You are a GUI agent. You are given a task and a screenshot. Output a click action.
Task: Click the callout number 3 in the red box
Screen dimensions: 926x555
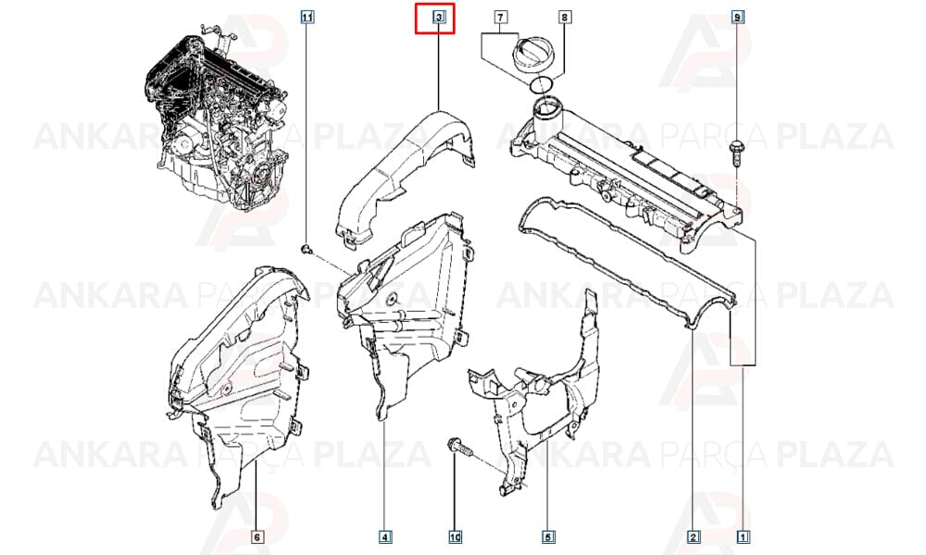(x=439, y=18)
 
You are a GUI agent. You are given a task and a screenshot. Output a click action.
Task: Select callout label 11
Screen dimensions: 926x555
(x=307, y=18)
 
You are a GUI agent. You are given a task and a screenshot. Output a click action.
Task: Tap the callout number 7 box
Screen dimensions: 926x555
(x=500, y=18)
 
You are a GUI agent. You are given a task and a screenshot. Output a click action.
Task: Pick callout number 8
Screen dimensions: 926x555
(x=564, y=18)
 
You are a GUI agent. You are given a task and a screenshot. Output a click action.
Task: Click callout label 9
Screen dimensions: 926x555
(x=737, y=18)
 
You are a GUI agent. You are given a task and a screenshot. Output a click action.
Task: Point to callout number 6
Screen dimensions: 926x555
(x=257, y=536)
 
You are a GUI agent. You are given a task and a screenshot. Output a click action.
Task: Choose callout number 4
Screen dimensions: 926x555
(x=384, y=536)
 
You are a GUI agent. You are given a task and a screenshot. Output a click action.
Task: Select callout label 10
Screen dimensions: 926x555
(x=456, y=536)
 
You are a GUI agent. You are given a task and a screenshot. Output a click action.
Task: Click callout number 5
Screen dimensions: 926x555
(x=547, y=536)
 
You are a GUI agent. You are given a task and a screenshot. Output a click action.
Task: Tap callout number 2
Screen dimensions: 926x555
(x=694, y=536)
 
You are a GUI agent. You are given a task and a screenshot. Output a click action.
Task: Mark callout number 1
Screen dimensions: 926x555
(x=744, y=536)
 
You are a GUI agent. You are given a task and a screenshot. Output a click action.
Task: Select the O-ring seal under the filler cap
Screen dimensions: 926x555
(x=542, y=85)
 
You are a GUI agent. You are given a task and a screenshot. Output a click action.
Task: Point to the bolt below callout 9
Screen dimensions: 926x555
(x=736, y=153)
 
